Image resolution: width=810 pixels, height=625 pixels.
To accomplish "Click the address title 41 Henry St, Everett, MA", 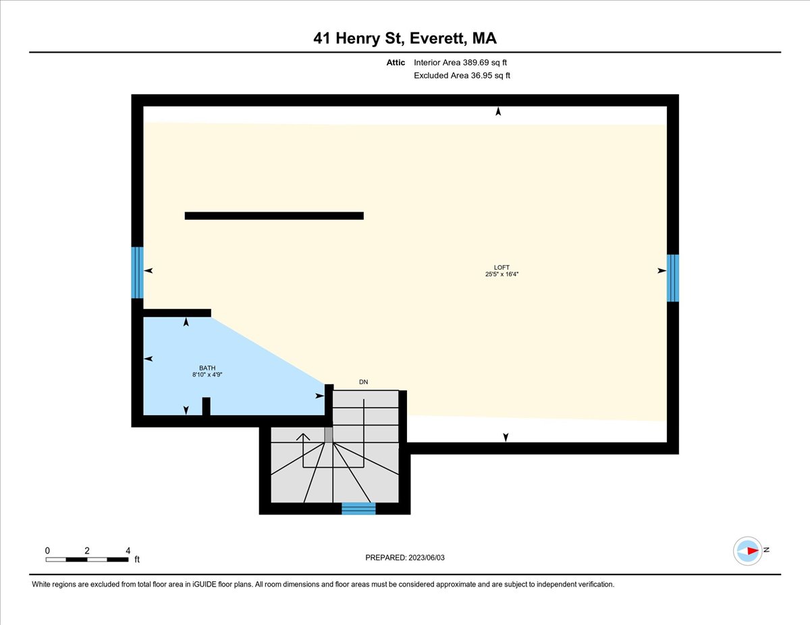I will point(405,38).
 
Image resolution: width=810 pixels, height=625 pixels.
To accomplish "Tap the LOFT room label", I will point(502,266).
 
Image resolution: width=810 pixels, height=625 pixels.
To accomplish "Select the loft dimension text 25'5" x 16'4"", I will point(501,274).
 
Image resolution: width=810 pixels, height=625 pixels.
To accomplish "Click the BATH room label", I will point(207,367).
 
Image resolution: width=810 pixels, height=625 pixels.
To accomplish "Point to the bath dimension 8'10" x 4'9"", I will point(207,375).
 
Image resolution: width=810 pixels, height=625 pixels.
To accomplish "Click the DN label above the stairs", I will point(364,382).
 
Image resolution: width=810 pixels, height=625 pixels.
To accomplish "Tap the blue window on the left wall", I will point(137,272).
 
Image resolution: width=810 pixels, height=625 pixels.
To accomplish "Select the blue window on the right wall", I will point(672,278).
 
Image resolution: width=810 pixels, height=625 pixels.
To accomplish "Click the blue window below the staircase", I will point(358,508).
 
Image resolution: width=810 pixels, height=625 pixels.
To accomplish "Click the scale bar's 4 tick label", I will point(128,550).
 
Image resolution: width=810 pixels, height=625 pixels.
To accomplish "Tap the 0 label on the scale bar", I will point(47,550).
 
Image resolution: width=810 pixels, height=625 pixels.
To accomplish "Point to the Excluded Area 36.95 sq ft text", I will point(462,76).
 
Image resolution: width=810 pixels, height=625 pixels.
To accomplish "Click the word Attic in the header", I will point(396,63).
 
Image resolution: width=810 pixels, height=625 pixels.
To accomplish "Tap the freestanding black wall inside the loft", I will point(274,216).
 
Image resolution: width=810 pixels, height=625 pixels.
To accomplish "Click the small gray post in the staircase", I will point(329,435).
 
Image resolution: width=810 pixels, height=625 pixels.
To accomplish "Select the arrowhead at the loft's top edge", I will point(498,111).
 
